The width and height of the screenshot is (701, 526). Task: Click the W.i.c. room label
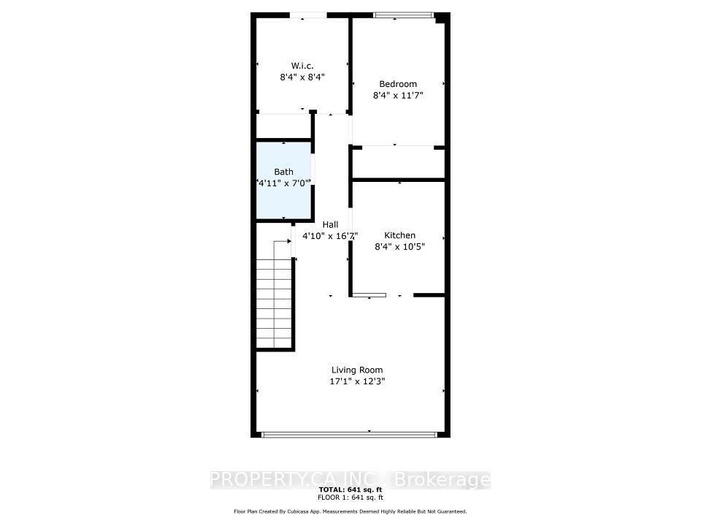(x=302, y=66)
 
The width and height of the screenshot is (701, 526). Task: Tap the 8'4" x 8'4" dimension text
(x=302, y=77)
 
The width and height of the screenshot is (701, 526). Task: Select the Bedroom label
(x=398, y=83)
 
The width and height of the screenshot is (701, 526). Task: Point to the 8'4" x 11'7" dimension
(x=398, y=95)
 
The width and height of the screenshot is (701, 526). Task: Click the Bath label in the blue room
(x=283, y=172)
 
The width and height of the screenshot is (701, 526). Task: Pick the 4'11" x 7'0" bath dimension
(x=283, y=183)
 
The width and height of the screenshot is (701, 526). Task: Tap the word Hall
(x=330, y=224)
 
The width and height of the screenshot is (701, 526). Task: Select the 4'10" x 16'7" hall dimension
(x=330, y=236)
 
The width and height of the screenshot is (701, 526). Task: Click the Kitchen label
(x=399, y=235)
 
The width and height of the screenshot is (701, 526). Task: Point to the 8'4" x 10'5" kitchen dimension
(x=399, y=246)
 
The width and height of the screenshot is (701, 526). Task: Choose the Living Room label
(x=357, y=370)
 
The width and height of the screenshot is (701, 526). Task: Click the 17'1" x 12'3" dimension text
(x=357, y=381)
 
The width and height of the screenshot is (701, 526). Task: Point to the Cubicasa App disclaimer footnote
(x=350, y=511)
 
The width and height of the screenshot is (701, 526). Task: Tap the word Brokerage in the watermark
(x=442, y=480)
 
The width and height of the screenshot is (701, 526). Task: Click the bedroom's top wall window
(x=404, y=15)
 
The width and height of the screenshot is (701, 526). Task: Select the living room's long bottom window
(x=349, y=434)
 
